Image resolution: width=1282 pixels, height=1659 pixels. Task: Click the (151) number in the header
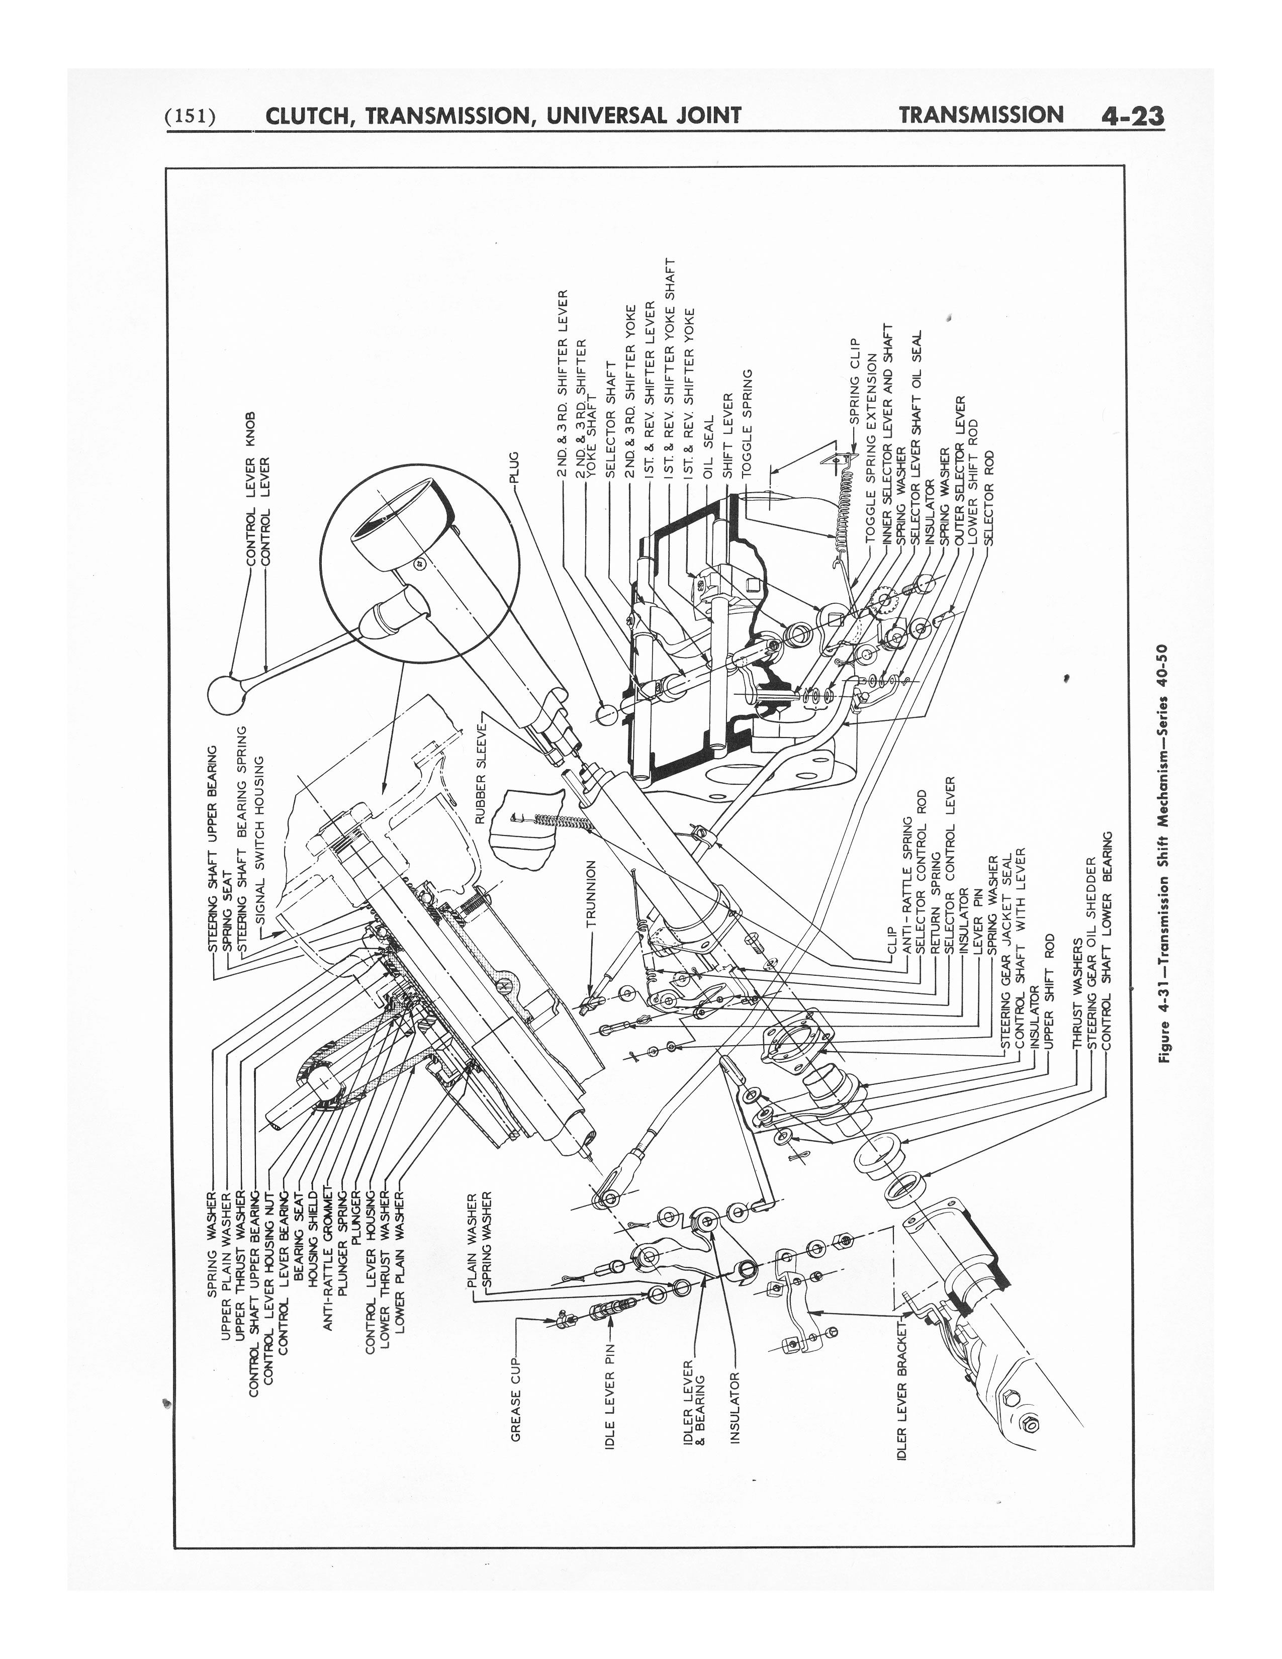click(x=191, y=116)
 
